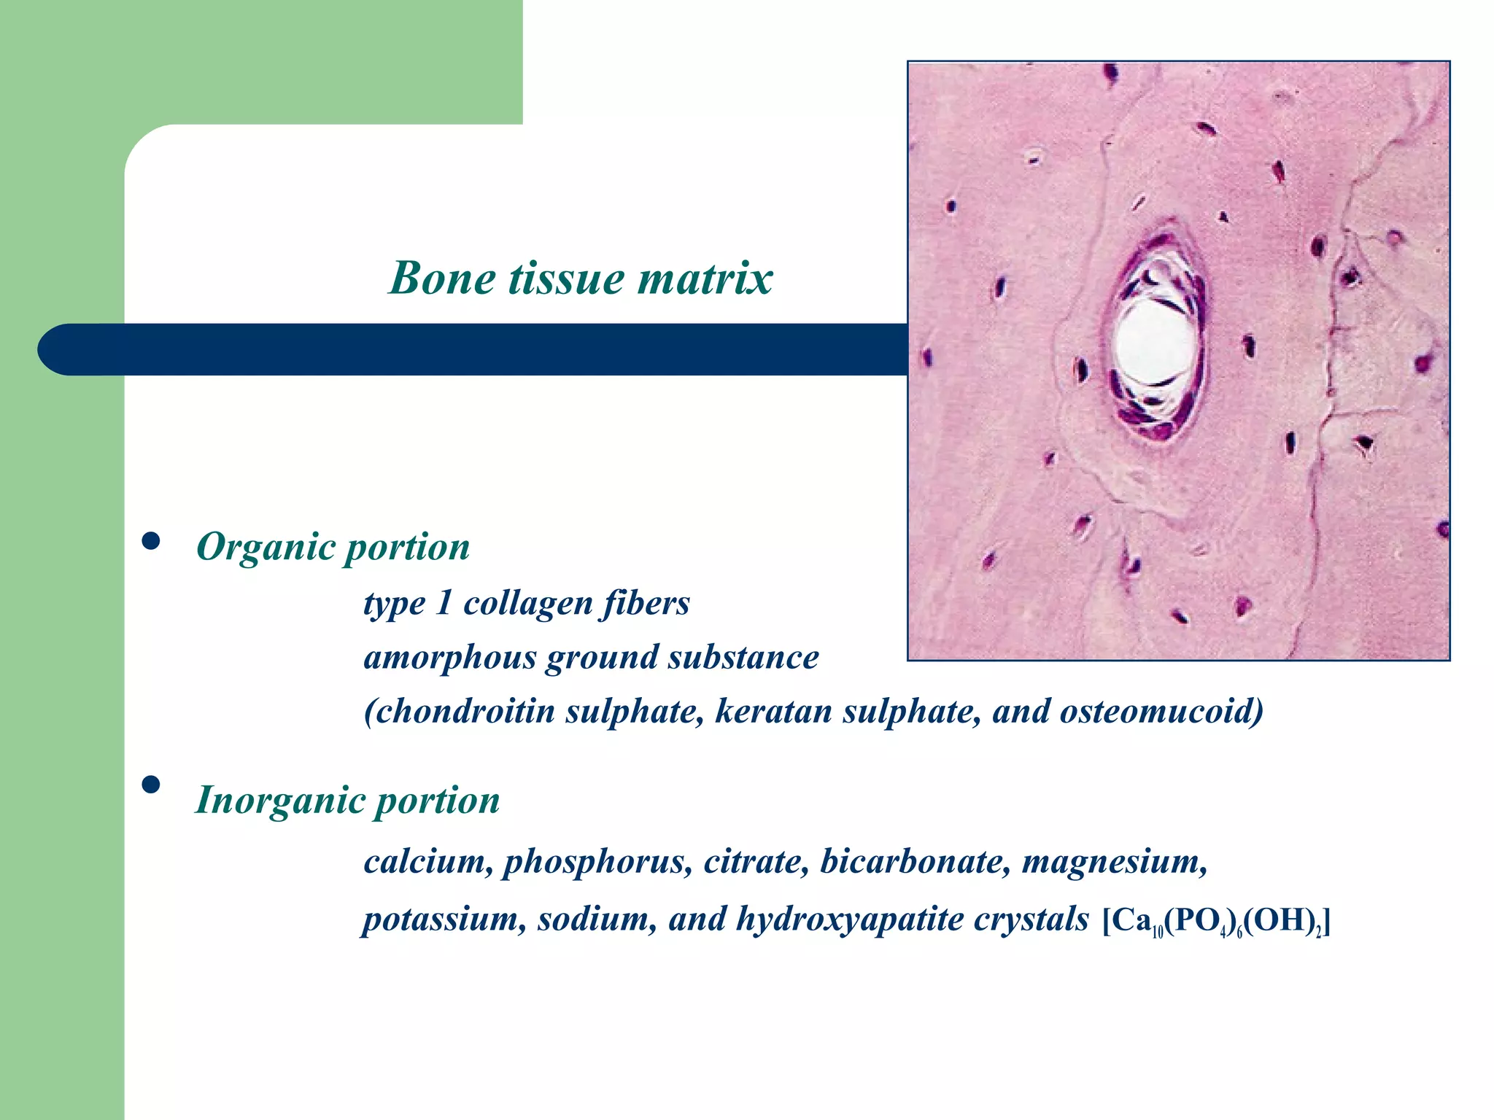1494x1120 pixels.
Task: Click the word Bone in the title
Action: pos(441,278)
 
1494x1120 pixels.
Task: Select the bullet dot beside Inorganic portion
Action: pos(151,785)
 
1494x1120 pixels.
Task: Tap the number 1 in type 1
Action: pos(442,604)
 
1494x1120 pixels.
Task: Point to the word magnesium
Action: pos(1114,863)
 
